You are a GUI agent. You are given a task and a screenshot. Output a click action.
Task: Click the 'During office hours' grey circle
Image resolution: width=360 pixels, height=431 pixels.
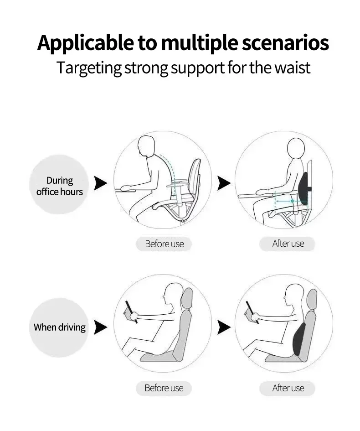(59, 184)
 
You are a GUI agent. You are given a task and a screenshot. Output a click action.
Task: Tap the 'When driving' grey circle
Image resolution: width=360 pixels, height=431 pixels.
(59, 327)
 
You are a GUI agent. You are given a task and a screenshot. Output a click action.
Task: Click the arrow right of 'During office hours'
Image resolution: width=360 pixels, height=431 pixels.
(100, 183)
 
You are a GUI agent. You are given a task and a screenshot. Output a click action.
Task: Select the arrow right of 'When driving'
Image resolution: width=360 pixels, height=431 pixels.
(100, 327)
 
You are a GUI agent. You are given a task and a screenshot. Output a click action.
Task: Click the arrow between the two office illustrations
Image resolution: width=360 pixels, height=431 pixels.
(223, 183)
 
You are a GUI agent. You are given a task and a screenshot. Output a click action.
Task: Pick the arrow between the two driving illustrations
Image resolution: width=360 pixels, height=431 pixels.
(223, 327)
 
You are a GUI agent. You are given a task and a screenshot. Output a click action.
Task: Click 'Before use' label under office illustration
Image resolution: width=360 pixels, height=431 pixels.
(164, 244)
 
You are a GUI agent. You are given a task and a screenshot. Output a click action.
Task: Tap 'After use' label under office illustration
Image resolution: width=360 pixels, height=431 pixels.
(288, 244)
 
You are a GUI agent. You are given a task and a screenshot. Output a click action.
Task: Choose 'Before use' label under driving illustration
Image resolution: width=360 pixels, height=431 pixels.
(164, 388)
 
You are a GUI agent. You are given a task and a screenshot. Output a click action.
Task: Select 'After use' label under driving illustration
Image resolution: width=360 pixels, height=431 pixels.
(288, 388)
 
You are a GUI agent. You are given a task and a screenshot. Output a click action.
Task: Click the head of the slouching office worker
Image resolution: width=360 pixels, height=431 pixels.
(149, 148)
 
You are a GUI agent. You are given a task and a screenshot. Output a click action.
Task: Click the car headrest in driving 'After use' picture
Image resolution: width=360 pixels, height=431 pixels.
(311, 299)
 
